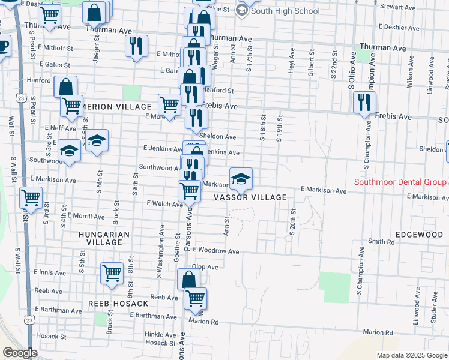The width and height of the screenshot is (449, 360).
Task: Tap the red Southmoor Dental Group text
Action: tap(400, 182)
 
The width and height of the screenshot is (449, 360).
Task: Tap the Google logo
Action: tap(20, 353)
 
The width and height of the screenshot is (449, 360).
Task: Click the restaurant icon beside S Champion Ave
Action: tap(363, 103)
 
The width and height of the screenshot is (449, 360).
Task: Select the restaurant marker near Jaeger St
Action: tap(136, 47)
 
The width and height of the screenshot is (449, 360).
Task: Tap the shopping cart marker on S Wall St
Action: tap(31, 197)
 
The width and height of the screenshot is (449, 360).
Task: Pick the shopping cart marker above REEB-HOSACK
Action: tap(112, 274)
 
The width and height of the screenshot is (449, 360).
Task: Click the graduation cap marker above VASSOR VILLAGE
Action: tap(241, 178)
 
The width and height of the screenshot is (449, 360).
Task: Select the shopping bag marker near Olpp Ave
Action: tap(188, 280)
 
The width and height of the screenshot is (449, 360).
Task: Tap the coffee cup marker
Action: tap(3, 45)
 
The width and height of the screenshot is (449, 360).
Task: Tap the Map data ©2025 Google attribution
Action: tap(412, 355)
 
